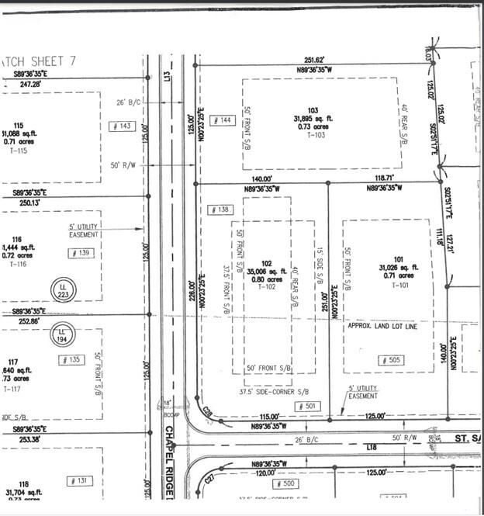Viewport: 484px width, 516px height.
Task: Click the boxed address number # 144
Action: (x=222, y=120)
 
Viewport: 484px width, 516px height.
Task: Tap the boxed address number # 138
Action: (x=221, y=210)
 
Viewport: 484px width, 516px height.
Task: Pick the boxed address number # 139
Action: (x=81, y=253)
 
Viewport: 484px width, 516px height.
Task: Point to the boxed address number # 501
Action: (x=307, y=406)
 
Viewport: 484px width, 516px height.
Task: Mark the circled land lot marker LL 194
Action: (x=64, y=337)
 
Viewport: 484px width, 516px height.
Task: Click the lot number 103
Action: (x=313, y=109)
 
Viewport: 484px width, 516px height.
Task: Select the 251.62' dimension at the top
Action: (x=313, y=59)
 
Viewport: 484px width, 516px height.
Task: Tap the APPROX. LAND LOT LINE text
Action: (x=383, y=326)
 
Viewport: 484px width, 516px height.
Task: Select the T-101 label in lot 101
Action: (x=399, y=285)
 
